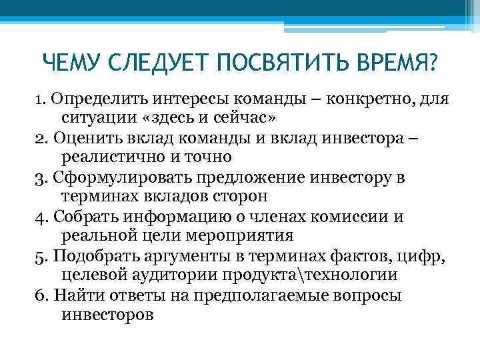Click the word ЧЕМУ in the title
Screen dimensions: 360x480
point(69,64)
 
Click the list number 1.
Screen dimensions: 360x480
point(39,99)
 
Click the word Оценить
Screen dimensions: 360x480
point(83,139)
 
